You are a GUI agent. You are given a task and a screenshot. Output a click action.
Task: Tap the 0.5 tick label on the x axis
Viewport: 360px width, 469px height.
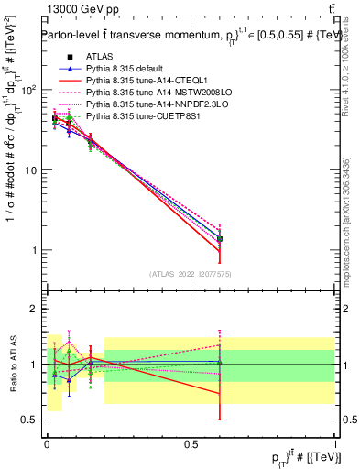pos(191,442)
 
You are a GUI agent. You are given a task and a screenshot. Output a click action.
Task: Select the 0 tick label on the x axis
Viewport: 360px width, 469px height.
pos(47,442)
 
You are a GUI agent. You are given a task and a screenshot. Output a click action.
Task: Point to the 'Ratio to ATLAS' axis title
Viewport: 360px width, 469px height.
pos(12,365)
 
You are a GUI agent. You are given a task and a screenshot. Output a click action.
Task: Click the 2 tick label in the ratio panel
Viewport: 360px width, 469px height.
pos(33,309)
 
